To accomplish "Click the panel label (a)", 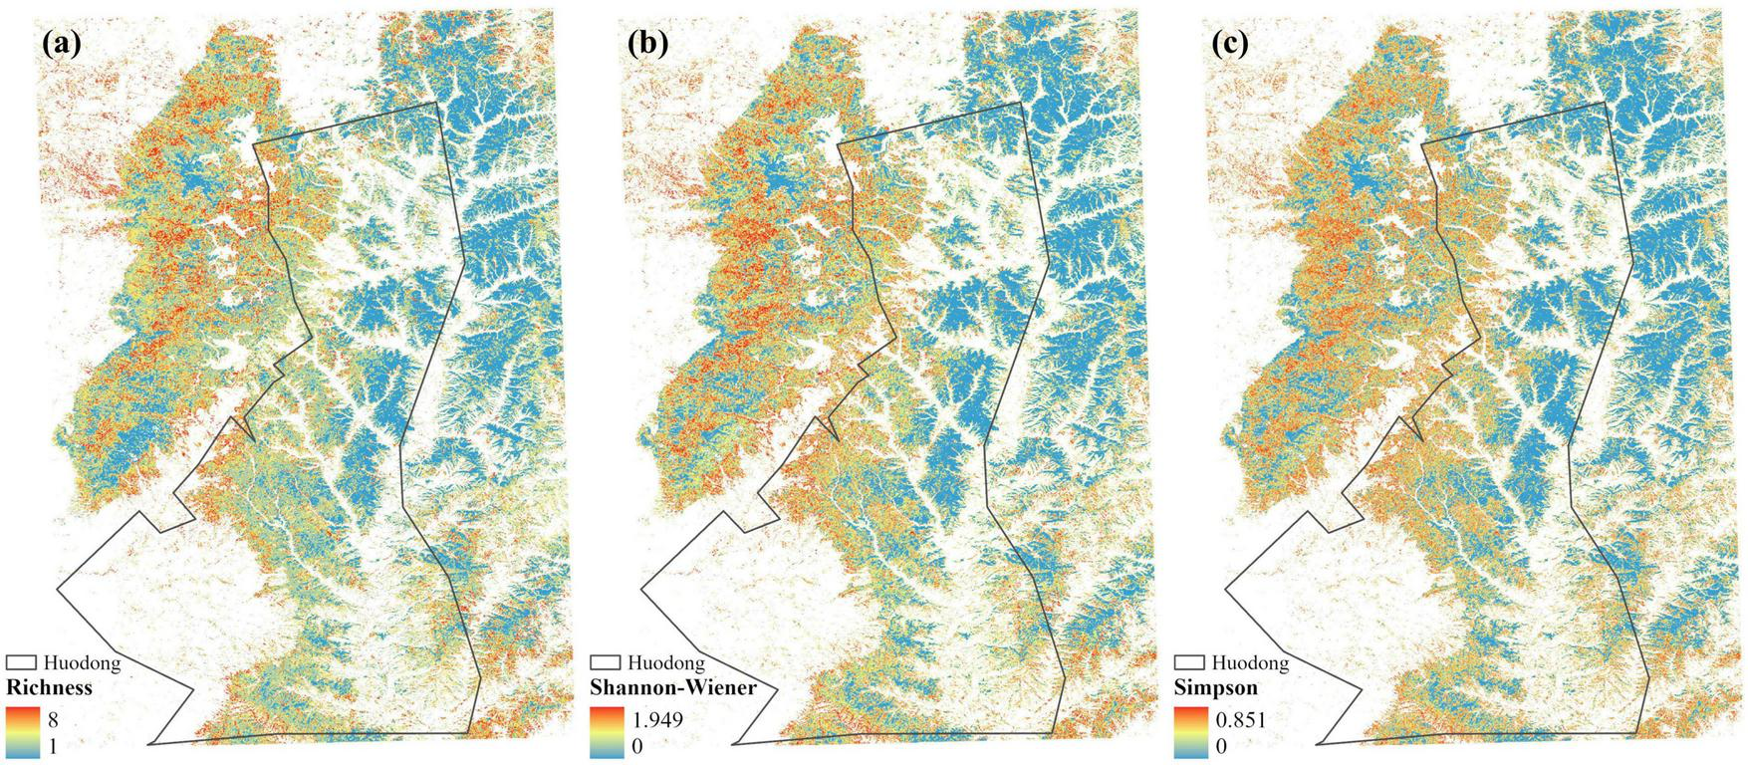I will click(62, 45).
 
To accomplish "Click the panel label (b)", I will click(647, 45).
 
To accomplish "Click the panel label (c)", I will click(1230, 45).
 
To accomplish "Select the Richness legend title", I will click(49, 688).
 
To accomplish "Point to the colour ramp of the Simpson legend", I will click(1191, 730).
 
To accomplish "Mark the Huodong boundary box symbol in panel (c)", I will click(1191, 662).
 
